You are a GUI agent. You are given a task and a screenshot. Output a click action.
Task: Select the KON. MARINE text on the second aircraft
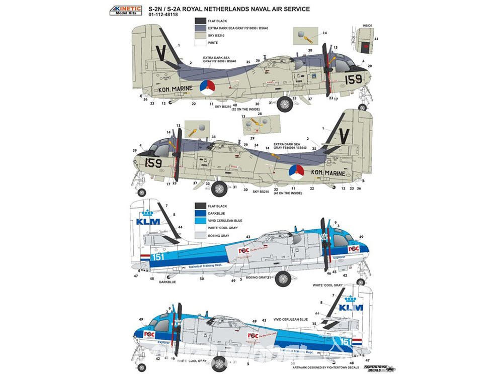coord(328,173)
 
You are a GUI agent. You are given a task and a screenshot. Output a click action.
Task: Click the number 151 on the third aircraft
coord(157,257)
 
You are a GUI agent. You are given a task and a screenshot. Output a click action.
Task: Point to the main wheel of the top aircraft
coord(285,105)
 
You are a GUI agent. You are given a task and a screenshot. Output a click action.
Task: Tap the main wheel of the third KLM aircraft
coord(283,278)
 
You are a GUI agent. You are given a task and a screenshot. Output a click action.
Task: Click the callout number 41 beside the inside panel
coord(376,39)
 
